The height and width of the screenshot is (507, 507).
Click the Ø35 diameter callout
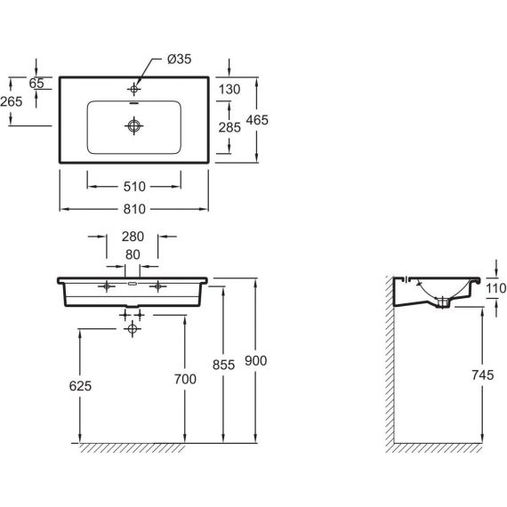click(179, 60)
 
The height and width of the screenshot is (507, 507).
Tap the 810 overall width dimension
click(134, 209)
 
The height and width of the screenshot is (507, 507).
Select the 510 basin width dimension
click(134, 187)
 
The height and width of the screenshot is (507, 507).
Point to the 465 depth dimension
click(257, 120)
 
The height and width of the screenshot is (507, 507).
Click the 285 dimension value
click(229, 127)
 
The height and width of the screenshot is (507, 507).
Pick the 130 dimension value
click(229, 89)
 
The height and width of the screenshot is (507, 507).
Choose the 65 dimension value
click(36, 84)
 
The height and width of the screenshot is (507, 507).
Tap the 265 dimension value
click(12, 101)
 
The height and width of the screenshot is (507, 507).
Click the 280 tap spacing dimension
click(133, 237)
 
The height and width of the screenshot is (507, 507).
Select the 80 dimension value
click(133, 254)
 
